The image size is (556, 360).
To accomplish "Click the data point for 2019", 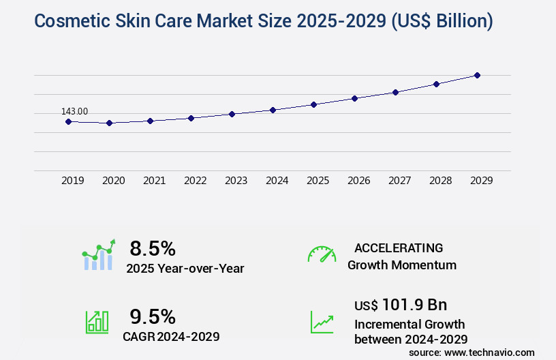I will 68,121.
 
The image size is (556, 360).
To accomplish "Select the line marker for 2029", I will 477,75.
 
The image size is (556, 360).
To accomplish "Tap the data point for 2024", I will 273,110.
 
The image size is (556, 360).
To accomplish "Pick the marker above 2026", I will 354,98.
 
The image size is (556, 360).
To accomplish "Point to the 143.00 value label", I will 74,111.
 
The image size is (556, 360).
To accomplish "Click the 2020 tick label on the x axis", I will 113,181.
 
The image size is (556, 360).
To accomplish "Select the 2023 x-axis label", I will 236,181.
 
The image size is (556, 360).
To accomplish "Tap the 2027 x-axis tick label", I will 399,181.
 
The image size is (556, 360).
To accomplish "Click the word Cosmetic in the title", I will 69,21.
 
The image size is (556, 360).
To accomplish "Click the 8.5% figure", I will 153,248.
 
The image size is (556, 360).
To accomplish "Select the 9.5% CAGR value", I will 153,316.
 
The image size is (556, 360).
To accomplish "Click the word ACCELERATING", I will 399,247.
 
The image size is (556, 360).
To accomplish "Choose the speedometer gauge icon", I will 322,254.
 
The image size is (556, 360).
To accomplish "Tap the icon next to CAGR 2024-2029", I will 97,322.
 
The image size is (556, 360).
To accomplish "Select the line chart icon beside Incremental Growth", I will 322,322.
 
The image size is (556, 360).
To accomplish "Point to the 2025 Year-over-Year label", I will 185,268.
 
